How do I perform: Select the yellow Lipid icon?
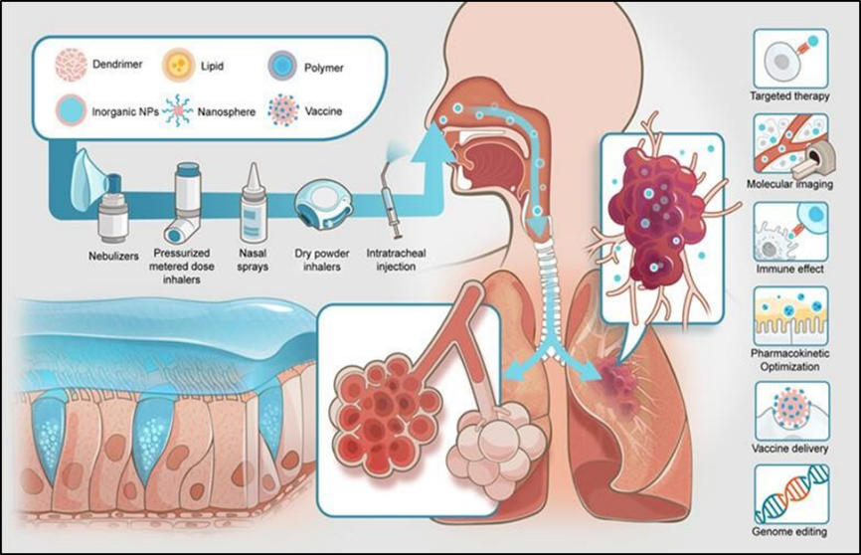(x=179, y=66)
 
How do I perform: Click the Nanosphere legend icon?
(x=179, y=108)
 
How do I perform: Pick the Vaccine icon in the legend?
(x=281, y=109)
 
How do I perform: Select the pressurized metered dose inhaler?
(x=185, y=204)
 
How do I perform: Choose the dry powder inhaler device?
(x=320, y=203)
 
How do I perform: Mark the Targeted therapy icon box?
(x=790, y=57)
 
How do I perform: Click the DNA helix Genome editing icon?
(x=790, y=495)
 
